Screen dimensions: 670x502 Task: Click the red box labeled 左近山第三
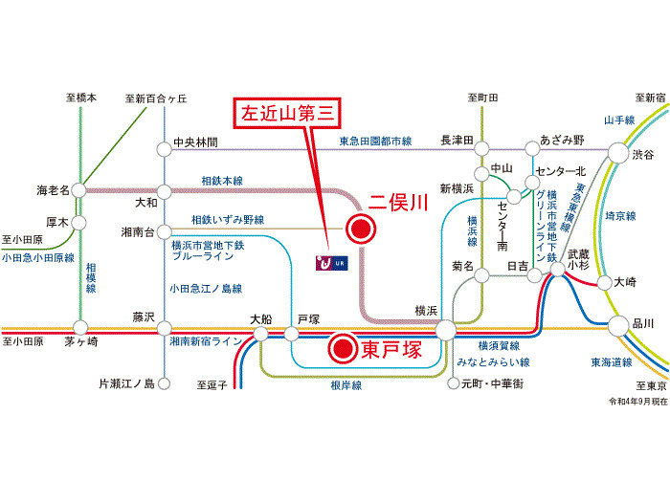point(287,113)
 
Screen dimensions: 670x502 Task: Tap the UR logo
point(331,263)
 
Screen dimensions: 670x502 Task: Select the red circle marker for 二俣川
point(361,229)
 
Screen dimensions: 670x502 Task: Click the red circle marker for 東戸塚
point(343,349)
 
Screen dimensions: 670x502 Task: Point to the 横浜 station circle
point(446,330)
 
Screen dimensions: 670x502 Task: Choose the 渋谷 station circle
point(618,153)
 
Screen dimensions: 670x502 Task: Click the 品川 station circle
point(618,326)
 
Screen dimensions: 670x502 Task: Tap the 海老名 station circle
point(79,190)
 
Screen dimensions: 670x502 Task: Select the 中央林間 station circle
point(164,150)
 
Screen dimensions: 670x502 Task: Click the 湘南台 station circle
point(164,232)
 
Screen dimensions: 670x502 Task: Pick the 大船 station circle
point(260,334)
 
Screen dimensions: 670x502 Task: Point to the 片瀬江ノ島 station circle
point(164,383)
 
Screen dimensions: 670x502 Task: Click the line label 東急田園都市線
point(375,142)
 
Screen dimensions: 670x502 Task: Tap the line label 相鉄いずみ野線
point(228,220)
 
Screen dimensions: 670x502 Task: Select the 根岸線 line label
point(346,385)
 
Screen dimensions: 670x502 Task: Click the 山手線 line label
point(619,120)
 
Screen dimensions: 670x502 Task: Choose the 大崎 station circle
point(604,283)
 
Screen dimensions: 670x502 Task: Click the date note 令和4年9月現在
point(638,402)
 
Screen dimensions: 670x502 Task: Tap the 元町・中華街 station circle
point(454,383)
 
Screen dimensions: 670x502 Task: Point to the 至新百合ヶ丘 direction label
point(156,98)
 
